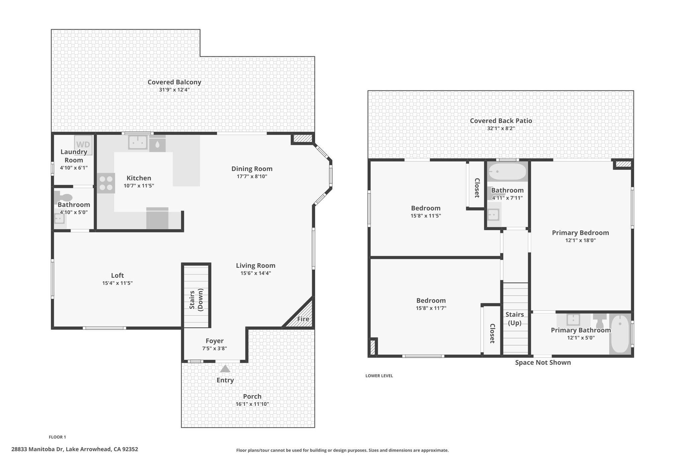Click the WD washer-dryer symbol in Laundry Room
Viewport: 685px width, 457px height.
coord(83,145)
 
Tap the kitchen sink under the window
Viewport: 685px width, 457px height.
coord(138,143)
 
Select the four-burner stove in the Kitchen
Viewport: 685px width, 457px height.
coord(106,183)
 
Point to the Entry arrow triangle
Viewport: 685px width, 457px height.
coord(225,369)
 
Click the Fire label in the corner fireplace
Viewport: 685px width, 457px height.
coord(303,319)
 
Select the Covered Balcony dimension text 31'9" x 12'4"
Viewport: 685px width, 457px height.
coord(174,90)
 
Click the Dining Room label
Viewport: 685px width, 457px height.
coord(252,169)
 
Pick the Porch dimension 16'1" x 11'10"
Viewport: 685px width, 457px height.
coord(252,404)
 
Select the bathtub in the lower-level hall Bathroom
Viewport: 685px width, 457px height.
coord(507,172)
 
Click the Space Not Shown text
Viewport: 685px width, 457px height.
coord(543,362)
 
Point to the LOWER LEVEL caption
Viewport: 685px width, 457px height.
coord(379,376)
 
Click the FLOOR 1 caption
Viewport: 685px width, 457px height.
coord(58,437)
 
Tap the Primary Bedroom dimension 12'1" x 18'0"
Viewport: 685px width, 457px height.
coord(580,240)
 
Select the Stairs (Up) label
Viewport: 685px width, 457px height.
coord(515,319)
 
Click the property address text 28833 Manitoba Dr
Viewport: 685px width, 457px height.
coord(38,449)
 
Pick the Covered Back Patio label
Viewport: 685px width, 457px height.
coord(501,121)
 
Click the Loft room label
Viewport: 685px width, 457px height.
coord(117,275)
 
